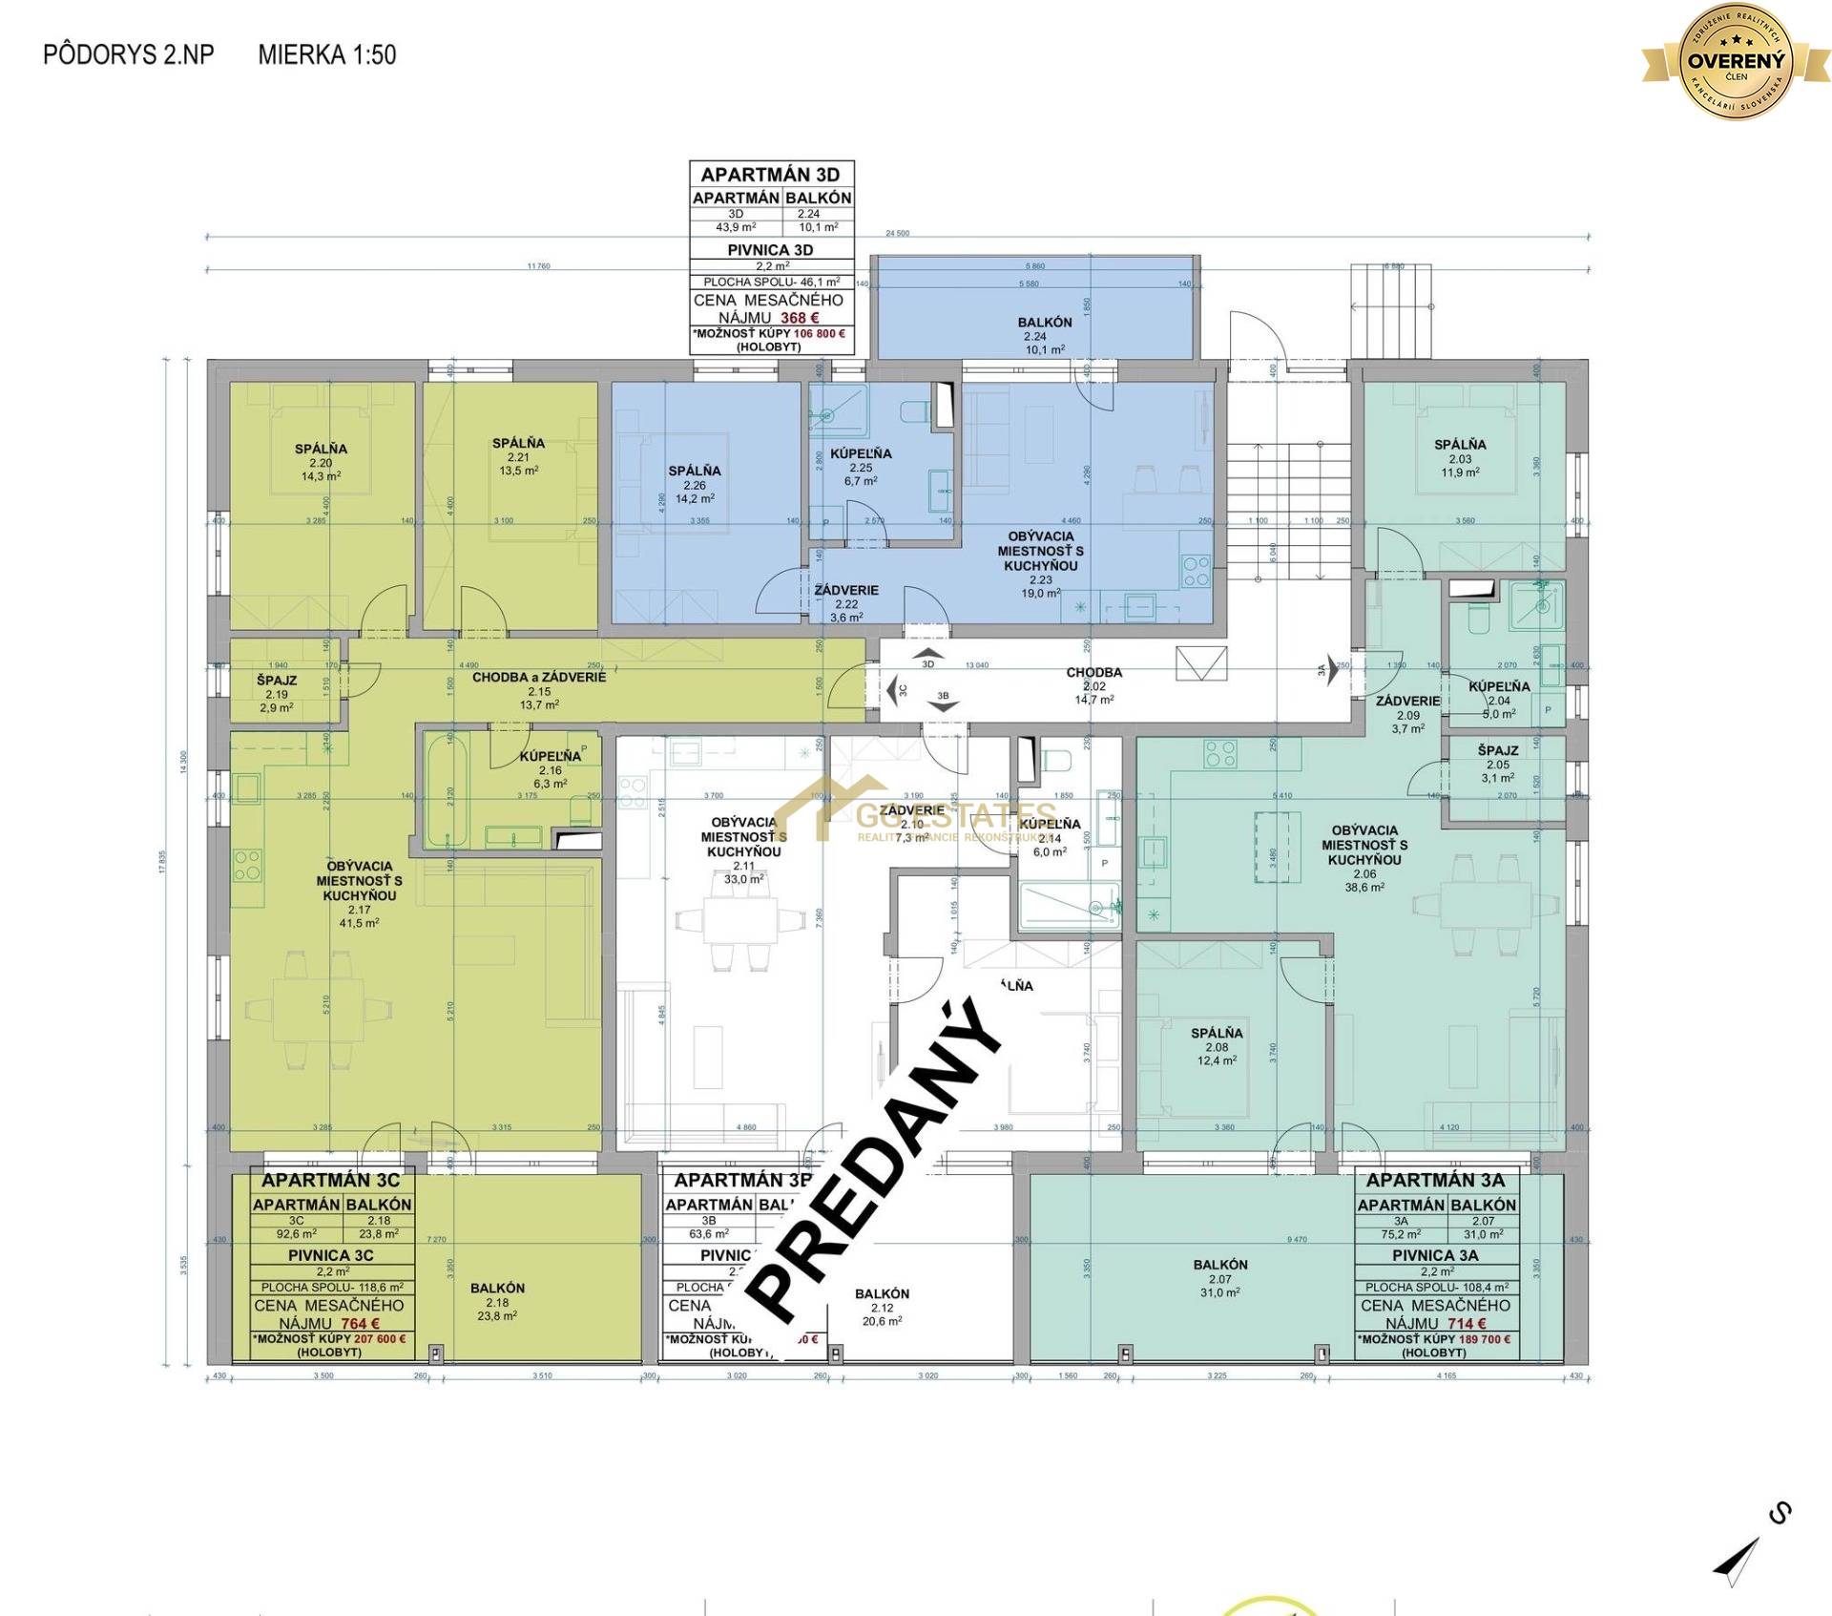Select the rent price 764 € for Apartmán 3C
[360, 1324]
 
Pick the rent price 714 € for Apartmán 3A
[1467, 1324]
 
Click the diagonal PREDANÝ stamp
[873, 1165]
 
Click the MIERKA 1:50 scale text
[326, 54]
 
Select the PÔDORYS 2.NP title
[128, 54]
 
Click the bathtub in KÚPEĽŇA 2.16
[446, 788]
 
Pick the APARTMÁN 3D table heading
[770, 175]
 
